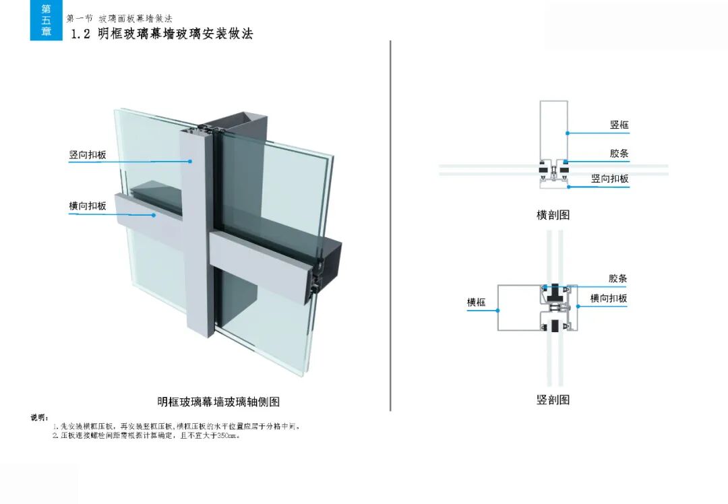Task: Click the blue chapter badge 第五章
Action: (x=46, y=20)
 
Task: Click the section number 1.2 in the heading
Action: (x=81, y=34)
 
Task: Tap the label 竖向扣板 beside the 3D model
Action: (x=88, y=155)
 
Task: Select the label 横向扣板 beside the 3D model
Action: (x=88, y=206)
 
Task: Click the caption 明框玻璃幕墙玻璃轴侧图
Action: (x=218, y=402)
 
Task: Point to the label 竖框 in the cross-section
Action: (x=619, y=125)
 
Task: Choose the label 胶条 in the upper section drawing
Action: (x=619, y=154)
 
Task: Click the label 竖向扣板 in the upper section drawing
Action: (x=609, y=179)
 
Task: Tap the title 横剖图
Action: (x=553, y=215)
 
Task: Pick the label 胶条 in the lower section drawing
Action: (x=617, y=278)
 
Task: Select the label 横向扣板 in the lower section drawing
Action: (x=609, y=298)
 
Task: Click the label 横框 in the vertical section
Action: (x=477, y=303)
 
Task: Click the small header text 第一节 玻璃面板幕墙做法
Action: (x=119, y=18)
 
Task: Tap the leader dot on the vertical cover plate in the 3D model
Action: (x=191, y=162)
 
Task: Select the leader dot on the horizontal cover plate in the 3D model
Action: (x=154, y=216)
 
